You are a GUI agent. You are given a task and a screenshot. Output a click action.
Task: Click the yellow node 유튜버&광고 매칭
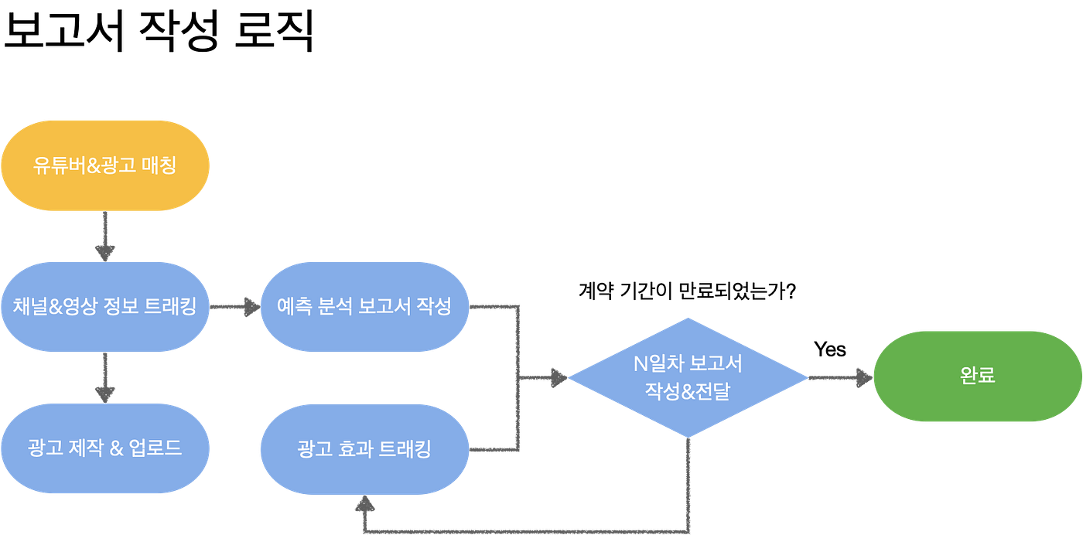tap(105, 165)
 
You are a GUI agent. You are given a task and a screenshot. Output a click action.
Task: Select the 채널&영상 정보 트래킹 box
tap(105, 306)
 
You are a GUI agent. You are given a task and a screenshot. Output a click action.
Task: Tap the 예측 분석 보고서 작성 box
tap(364, 306)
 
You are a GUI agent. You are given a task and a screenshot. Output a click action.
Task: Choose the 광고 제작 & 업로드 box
tap(105, 448)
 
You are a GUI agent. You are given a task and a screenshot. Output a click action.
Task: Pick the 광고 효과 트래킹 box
tap(364, 449)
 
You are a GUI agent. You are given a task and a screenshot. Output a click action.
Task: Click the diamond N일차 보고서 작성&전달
tap(688, 377)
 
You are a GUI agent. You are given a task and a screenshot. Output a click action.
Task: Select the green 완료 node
tap(977, 376)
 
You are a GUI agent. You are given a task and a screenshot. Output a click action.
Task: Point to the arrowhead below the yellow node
tap(104, 251)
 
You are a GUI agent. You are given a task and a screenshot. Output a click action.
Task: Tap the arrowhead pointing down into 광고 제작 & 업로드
tap(104, 393)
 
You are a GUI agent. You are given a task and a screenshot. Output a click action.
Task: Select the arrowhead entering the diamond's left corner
tap(559, 378)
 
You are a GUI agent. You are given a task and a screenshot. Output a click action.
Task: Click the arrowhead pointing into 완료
tap(862, 377)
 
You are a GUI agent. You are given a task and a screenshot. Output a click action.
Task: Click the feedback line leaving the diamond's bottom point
tap(688, 487)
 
